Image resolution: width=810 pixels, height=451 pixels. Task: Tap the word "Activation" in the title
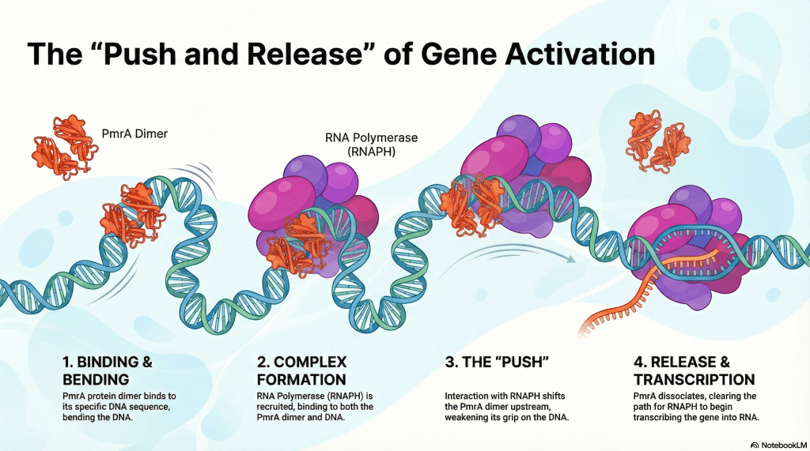click(565, 54)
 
